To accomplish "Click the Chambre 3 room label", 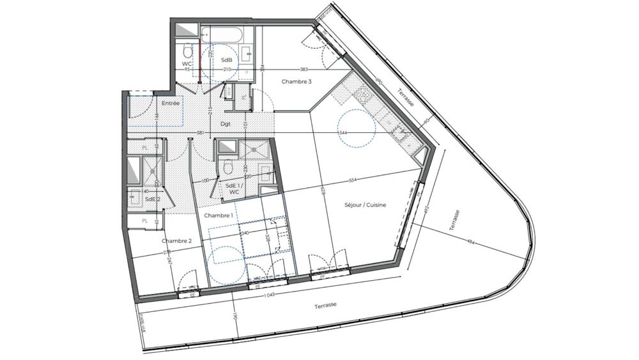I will (x=296, y=81).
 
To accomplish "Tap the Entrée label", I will (x=170, y=103).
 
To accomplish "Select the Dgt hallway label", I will (x=226, y=123).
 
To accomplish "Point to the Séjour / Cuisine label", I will (x=366, y=205).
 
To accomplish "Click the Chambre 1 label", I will (x=219, y=216).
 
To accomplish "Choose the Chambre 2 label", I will (x=176, y=240).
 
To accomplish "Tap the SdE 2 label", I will (x=152, y=199).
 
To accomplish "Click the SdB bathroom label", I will (x=226, y=59).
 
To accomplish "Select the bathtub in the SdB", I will (x=221, y=35).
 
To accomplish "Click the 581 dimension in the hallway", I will (x=200, y=133).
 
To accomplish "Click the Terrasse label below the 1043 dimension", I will (x=326, y=306).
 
